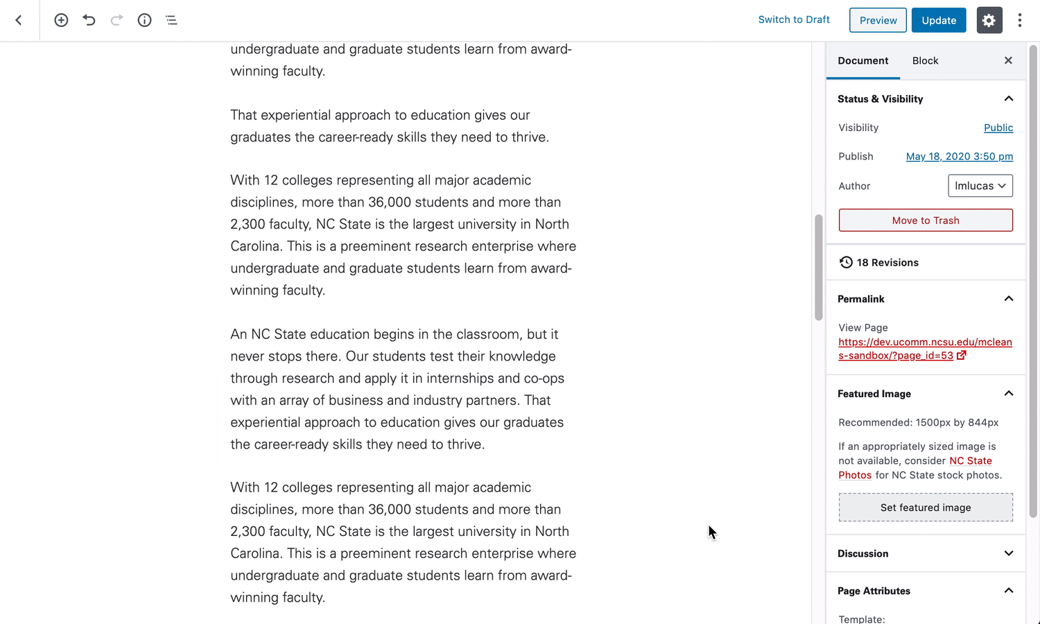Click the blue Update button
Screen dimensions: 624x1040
[939, 20]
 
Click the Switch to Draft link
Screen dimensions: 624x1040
[794, 19]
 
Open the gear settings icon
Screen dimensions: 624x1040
[989, 20]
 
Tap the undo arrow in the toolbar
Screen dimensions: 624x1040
[89, 20]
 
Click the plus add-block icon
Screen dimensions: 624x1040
[61, 20]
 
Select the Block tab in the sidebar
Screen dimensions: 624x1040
[925, 61]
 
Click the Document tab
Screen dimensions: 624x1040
[863, 61]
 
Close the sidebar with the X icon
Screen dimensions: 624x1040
[1008, 61]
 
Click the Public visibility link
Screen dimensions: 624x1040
[998, 128]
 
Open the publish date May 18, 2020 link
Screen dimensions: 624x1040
[959, 157]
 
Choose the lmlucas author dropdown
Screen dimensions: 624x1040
[980, 186]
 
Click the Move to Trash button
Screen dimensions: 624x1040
[926, 220]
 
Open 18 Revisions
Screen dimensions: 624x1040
[887, 263]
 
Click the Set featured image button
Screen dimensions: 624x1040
[926, 508]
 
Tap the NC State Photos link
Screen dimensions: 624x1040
[970, 461]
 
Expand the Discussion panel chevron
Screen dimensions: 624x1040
[1008, 553]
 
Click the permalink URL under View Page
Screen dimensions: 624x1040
[924, 349]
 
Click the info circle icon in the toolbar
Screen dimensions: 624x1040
[144, 20]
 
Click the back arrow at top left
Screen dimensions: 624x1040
[19, 20]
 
